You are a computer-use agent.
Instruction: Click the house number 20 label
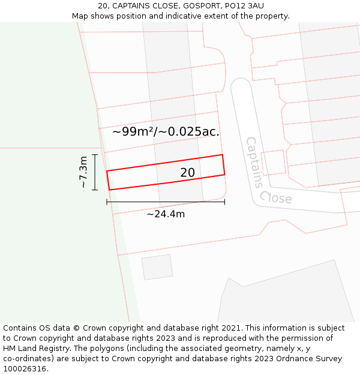pyautogui.click(x=187, y=173)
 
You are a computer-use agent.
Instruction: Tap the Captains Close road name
pyautogui.click(x=268, y=172)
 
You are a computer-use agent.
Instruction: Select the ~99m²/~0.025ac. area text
pyautogui.click(x=166, y=131)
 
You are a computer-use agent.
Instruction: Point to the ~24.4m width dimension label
pyautogui.click(x=166, y=214)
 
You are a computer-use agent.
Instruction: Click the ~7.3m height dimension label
pyautogui.click(x=83, y=172)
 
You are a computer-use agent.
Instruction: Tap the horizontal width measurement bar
pyautogui.click(x=166, y=202)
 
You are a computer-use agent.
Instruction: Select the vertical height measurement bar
pyautogui.click(x=95, y=172)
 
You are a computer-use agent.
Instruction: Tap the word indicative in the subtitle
pyautogui.click(x=196, y=16)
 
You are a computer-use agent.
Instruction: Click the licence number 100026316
pyautogui.click(x=26, y=369)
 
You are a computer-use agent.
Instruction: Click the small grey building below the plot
pyautogui.click(x=157, y=267)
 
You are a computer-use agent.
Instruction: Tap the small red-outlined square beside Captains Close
pyautogui.click(x=273, y=162)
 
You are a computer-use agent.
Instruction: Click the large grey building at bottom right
pyautogui.click(x=288, y=297)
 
